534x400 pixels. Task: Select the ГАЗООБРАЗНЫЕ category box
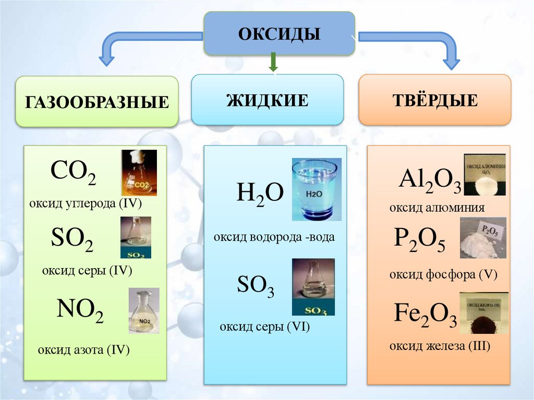click(96, 101)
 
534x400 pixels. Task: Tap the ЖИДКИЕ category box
click(267, 99)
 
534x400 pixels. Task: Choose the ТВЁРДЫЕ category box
click(434, 99)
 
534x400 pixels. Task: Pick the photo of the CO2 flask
click(139, 172)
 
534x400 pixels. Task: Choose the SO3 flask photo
click(313, 287)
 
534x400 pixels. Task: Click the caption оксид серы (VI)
click(265, 328)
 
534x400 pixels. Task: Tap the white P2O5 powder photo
click(483, 238)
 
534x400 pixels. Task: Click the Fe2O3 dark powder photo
click(483, 313)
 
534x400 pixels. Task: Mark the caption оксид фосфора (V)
click(443, 275)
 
